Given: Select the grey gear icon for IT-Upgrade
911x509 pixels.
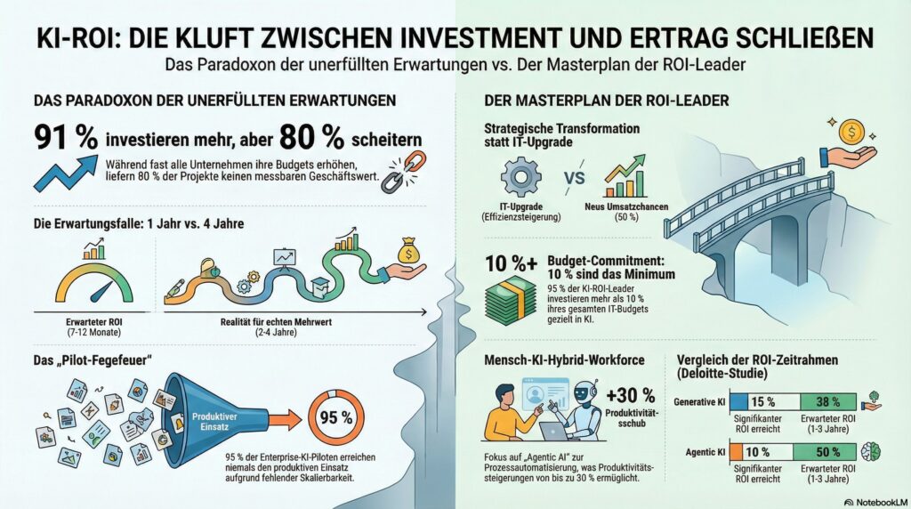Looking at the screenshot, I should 520,176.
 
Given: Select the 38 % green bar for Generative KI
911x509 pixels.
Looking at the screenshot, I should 827,401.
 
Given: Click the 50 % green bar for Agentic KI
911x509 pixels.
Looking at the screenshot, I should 827,451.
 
